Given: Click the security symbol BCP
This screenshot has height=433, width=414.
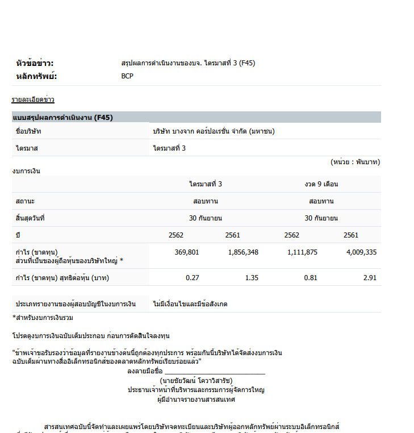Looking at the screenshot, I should [127, 76].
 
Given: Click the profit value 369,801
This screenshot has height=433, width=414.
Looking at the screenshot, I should [187, 252].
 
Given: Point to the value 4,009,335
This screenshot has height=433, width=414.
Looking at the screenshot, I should [361, 252].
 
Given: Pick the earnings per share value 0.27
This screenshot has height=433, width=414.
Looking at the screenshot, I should [193, 278].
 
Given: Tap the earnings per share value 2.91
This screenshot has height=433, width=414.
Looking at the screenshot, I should [370, 278].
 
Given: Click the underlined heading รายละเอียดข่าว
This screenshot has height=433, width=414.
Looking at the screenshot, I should [33, 100].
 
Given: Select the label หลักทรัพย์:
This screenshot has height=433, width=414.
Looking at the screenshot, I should [37, 76].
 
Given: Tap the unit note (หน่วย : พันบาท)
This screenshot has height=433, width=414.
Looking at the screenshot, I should [355, 162].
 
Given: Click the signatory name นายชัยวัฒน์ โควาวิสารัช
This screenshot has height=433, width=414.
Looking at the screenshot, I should [196, 381].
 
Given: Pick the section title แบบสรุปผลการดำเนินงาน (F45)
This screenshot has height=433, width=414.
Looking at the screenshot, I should [62, 118].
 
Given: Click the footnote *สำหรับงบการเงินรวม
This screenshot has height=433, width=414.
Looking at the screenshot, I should [43, 318].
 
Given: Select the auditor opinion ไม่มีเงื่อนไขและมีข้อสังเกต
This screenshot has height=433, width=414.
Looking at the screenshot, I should [190, 304].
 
